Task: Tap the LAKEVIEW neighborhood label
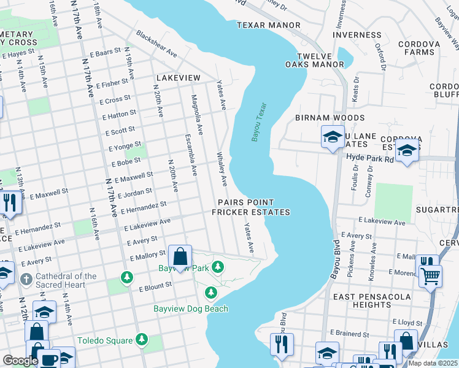click(178, 78)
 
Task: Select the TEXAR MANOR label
click(268, 25)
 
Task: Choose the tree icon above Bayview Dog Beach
click(211, 292)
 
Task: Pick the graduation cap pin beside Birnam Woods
click(332, 136)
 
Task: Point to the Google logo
click(20, 361)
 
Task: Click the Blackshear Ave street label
click(156, 44)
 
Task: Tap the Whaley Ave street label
click(221, 169)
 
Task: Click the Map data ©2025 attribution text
click(433, 363)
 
